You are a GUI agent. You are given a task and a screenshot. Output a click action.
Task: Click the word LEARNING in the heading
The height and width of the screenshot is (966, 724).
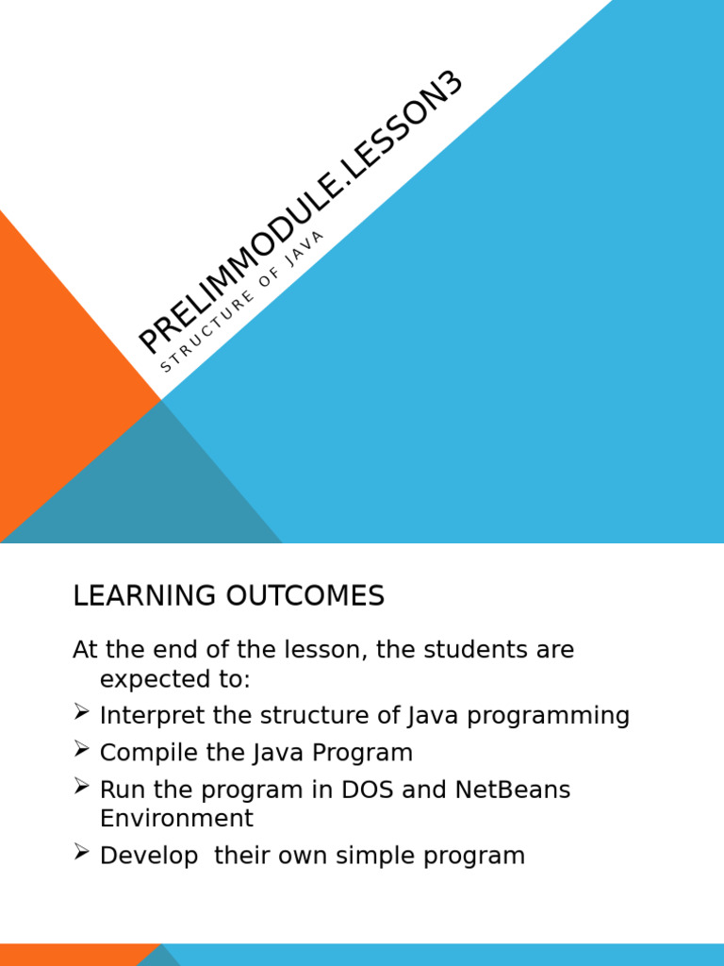[144, 596]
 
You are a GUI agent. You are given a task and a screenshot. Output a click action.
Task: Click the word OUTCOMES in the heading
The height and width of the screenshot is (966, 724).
[305, 596]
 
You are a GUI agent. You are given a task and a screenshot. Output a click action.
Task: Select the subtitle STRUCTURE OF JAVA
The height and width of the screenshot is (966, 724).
[241, 301]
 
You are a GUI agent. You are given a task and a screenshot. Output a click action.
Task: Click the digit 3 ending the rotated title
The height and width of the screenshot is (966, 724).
[451, 84]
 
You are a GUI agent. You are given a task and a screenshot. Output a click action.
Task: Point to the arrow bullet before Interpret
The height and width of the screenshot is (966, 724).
[81, 712]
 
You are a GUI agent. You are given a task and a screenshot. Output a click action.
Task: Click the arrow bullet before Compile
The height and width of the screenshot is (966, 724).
[81, 749]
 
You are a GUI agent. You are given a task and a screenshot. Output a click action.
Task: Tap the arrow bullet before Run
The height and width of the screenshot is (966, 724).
[81, 786]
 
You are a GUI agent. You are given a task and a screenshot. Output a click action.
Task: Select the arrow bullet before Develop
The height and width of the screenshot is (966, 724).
[81, 852]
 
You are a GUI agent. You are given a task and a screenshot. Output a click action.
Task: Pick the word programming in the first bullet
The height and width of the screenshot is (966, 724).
[548, 717]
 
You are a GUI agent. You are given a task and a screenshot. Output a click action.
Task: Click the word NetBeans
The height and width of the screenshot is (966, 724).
[513, 790]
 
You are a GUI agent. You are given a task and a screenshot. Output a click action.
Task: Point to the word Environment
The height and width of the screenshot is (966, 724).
[176, 818]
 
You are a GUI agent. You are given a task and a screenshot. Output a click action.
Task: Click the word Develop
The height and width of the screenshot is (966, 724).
[149, 857]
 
